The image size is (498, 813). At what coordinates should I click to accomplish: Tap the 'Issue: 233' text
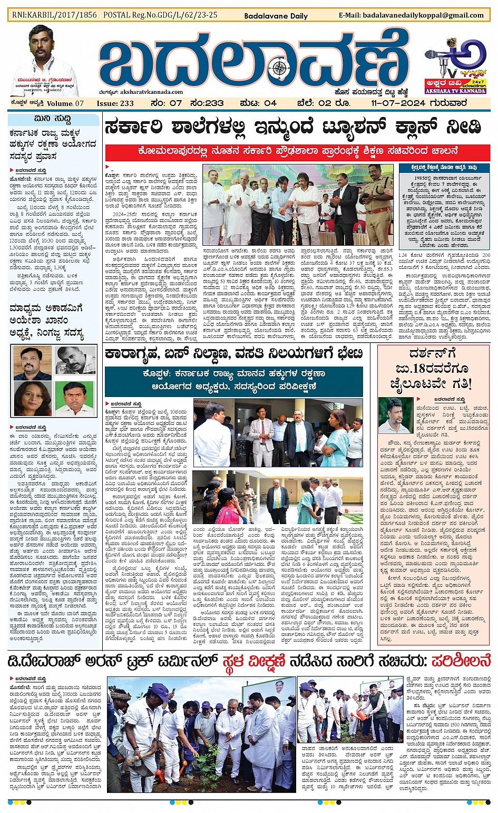pyautogui.click(x=115, y=103)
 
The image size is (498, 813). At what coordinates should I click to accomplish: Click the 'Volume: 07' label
pyautogui.click(x=65, y=103)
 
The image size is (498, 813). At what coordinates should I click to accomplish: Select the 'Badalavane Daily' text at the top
pyautogui.click(x=276, y=16)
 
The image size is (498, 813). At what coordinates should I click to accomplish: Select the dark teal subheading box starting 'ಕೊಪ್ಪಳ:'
pyautogui.click(x=233, y=379)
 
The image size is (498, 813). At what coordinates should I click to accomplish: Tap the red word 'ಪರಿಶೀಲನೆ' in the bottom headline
pyautogui.click(x=461, y=661)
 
